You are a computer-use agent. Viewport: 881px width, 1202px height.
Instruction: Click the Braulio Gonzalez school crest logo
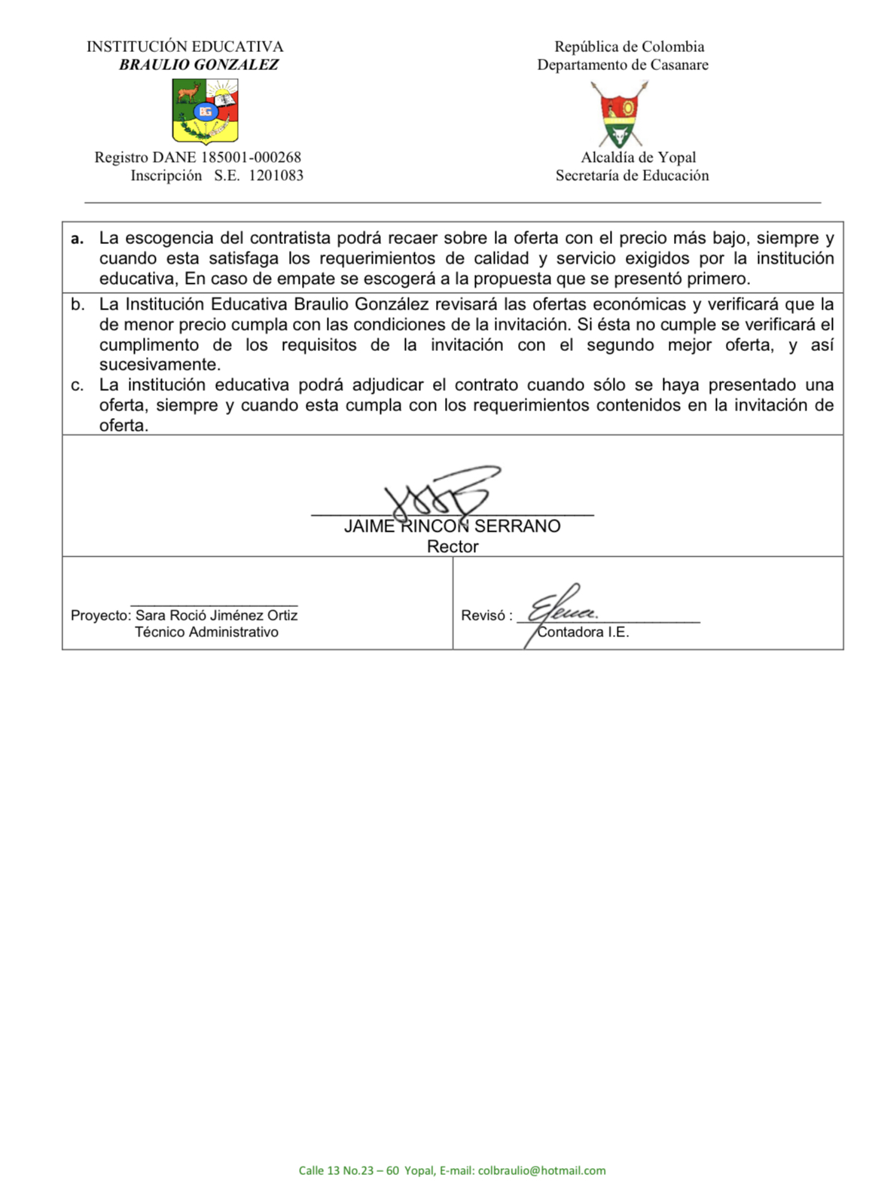[206, 111]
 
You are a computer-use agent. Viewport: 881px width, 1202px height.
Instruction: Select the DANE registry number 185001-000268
[251, 157]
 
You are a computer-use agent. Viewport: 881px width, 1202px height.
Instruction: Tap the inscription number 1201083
[276, 175]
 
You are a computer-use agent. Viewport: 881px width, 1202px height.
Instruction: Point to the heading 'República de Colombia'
[630, 47]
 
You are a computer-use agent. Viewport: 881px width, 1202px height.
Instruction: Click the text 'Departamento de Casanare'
[623, 65]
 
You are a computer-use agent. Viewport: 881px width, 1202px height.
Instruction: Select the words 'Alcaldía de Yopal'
[639, 157]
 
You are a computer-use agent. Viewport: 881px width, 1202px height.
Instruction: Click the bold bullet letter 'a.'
[77, 239]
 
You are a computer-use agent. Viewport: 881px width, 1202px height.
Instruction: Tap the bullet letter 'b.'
[78, 305]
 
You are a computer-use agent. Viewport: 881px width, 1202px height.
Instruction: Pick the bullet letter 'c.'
[77, 386]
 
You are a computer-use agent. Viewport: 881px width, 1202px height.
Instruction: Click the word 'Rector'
[453, 547]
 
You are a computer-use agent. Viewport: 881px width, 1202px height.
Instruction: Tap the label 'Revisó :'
[486, 616]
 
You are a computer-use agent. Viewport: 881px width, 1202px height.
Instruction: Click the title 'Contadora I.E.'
[583, 633]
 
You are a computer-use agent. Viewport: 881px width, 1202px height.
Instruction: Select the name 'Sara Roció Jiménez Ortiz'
[216, 615]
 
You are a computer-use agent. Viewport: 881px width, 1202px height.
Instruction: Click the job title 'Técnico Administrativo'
[206, 633]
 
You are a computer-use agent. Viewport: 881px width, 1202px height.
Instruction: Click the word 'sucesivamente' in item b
[159, 365]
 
